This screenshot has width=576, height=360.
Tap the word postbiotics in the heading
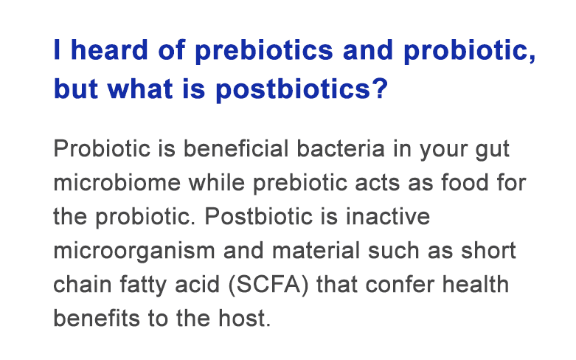tap(299, 91)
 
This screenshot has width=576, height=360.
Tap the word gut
tap(492, 150)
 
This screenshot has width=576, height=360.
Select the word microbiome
tap(114, 182)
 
